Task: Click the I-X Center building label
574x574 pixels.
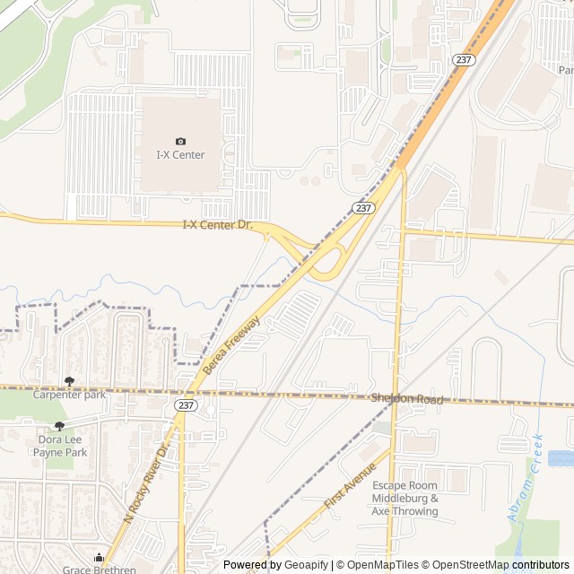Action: pyautogui.click(x=180, y=155)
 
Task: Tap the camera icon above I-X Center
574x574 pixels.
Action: pyautogui.click(x=180, y=141)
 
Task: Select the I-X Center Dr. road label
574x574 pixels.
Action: pyautogui.click(x=219, y=225)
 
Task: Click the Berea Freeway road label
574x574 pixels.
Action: pyautogui.click(x=231, y=345)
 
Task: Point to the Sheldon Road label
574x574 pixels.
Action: pyautogui.click(x=407, y=398)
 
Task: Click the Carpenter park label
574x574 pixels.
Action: pyautogui.click(x=69, y=395)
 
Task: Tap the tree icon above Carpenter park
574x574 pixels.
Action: pyautogui.click(x=69, y=382)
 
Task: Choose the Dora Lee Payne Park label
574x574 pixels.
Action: pyautogui.click(x=60, y=446)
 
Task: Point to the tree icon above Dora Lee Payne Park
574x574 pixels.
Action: pyautogui.click(x=60, y=427)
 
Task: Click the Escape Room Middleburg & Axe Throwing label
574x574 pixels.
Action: pyautogui.click(x=405, y=498)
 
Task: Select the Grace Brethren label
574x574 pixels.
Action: pyautogui.click(x=99, y=569)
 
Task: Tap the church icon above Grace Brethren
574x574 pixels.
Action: pyautogui.click(x=99, y=557)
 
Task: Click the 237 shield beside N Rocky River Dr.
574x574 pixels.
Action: pyautogui.click(x=186, y=405)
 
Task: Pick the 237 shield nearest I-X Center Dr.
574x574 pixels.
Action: pyautogui.click(x=362, y=207)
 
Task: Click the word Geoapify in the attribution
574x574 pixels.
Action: pyautogui.click(x=307, y=565)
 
